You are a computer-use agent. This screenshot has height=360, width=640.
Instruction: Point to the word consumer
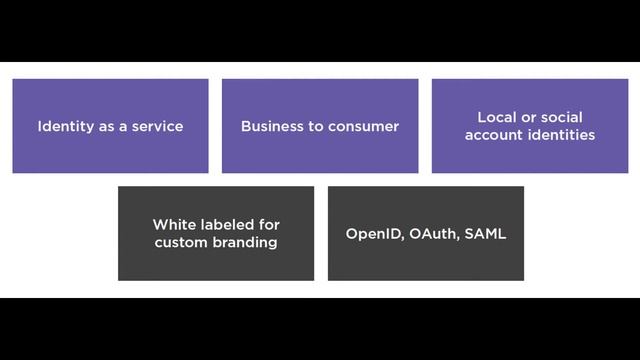pyautogui.click(x=366, y=127)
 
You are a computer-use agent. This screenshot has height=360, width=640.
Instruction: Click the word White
pyautogui.click(x=173, y=225)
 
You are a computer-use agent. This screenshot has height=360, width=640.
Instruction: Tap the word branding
pyautogui.click(x=243, y=243)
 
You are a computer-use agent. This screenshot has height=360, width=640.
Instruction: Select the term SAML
pyautogui.click(x=485, y=234)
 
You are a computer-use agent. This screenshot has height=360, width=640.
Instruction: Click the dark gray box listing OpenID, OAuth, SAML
pyautogui.click(x=426, y=262)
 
